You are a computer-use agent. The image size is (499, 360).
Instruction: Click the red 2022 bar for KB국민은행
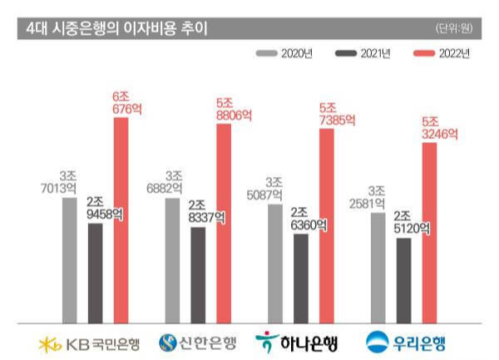click(121, 219)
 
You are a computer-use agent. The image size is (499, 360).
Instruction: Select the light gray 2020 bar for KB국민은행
click(70, 260)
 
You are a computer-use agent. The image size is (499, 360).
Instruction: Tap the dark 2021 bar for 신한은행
click(198, 274)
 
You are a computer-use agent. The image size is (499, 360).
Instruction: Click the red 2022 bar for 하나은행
click(326, 225)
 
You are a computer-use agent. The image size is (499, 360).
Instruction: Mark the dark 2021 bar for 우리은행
click(403, 280)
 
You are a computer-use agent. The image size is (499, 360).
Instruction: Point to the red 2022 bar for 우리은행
click(429, 232)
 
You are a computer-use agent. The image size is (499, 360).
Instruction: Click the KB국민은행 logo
click(89, 342)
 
